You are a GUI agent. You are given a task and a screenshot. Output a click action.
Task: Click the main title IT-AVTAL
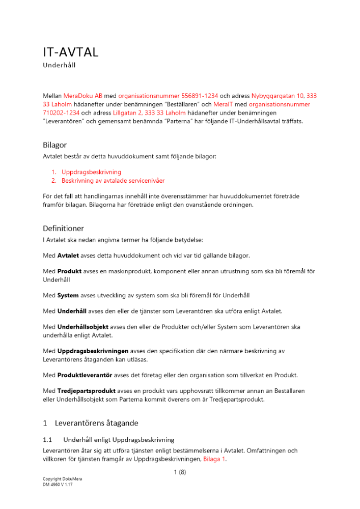[x=70, y=52]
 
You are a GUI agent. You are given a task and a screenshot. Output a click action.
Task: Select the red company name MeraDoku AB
[x=83, y=95]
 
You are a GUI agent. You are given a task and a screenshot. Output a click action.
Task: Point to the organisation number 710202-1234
[x=61, y=112]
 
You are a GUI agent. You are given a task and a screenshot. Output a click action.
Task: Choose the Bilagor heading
[x=54, y=145]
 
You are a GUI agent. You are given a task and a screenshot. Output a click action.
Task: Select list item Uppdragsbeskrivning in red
[x=91, y=172]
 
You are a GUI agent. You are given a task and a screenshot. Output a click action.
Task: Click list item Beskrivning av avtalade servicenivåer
[x=113, y=181]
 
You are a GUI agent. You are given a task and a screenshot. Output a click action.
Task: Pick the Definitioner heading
[x=63, y=229]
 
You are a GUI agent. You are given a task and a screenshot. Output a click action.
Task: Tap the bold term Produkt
[x=70, y=271]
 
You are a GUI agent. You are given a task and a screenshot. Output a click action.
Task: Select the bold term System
[x=68, y=295]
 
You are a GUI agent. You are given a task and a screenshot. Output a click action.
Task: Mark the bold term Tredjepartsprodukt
[x=87, y=391]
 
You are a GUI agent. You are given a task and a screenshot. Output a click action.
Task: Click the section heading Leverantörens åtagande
[x=96, y=423]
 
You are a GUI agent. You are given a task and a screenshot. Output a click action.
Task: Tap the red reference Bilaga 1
[x=214, y=459]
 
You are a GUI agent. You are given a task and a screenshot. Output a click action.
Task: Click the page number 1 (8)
[x=180, y=472]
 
